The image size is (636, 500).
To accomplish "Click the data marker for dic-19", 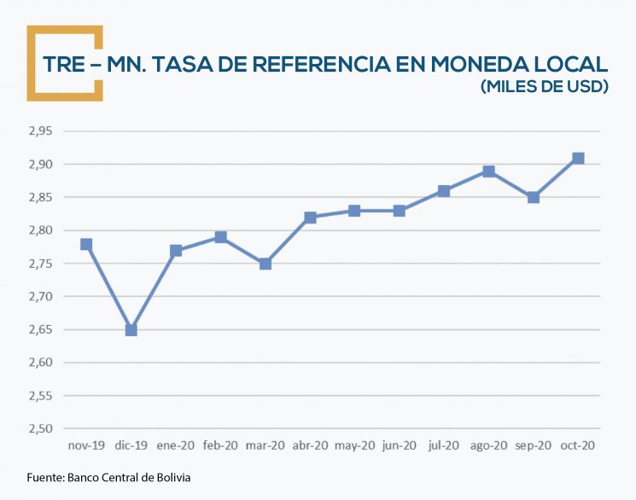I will (x=131, y=329).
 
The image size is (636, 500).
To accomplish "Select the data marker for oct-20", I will (x=578, y=158).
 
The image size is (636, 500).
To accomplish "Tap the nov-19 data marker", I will (x=86, y=244).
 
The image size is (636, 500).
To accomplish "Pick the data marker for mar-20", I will (x=265, y=264).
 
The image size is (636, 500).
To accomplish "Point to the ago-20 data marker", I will (x=488, y=171).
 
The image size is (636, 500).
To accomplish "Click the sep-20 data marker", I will (x=534, y=197).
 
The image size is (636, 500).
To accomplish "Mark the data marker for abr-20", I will (x=310, y=218).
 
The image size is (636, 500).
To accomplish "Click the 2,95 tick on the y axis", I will (x=39, y=131).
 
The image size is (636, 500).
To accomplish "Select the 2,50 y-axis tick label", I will (x=39, y=429).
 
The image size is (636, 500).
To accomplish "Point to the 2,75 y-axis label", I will (x=39, y=264).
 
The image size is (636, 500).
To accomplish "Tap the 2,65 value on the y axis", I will (x=39, y=329).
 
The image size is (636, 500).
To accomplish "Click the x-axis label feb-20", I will (x=220, y=445).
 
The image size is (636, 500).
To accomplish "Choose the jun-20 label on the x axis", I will (x=399, y=445).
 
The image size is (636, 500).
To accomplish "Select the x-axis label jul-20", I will (x=444, y=445).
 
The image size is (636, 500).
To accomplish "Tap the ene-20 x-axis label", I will (x=176, y=445).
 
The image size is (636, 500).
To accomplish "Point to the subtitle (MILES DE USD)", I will (x=544, y=87).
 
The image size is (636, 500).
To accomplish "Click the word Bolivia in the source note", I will (x=172, y=477).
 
